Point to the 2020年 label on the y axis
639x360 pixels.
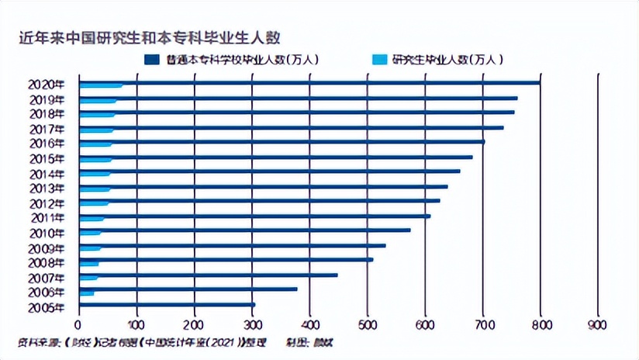tap(47, 85)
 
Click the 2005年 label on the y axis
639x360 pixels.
tap(47, 307)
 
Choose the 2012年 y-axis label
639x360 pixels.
tap(47, 203)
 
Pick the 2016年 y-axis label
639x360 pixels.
tap(47, 144)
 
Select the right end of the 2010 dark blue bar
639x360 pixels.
tap(409, 230)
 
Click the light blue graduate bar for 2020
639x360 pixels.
tap(101, 86)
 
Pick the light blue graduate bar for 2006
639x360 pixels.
tap(87, 293)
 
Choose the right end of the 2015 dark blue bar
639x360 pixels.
tap(471, 157)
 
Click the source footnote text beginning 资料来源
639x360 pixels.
tap(147, 342)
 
